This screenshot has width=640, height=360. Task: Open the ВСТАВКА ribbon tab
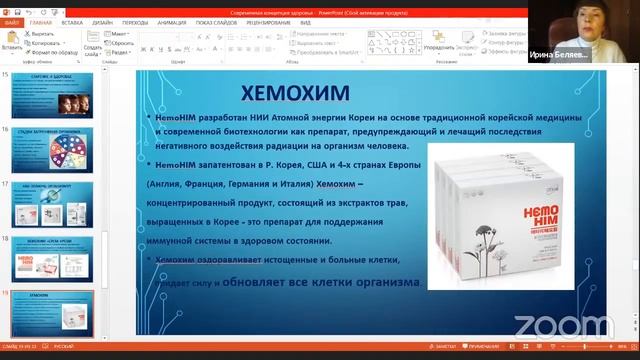coord(72,21)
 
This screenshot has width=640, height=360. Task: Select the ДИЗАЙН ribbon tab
coord(103,21)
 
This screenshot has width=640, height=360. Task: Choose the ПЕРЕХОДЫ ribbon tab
coord(135,21)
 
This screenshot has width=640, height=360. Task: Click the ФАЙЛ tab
coord(12,21)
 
